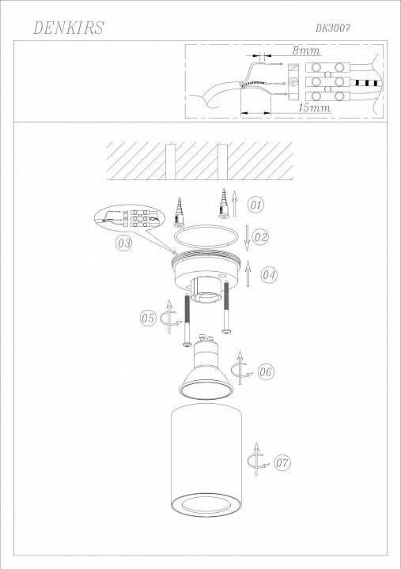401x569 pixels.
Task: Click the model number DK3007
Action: (x=333, y=28)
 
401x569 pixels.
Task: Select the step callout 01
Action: (x=255, y=205)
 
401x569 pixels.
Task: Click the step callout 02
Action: (x=261, y=236)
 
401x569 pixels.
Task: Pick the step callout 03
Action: (x=123, y=243)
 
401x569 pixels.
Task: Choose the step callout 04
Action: (x=269, y=275)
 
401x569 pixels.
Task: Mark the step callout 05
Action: (x=148, y=318)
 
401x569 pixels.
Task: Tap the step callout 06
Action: (x=266, y=371)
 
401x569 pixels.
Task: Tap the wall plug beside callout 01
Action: (x=222, y=204)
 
